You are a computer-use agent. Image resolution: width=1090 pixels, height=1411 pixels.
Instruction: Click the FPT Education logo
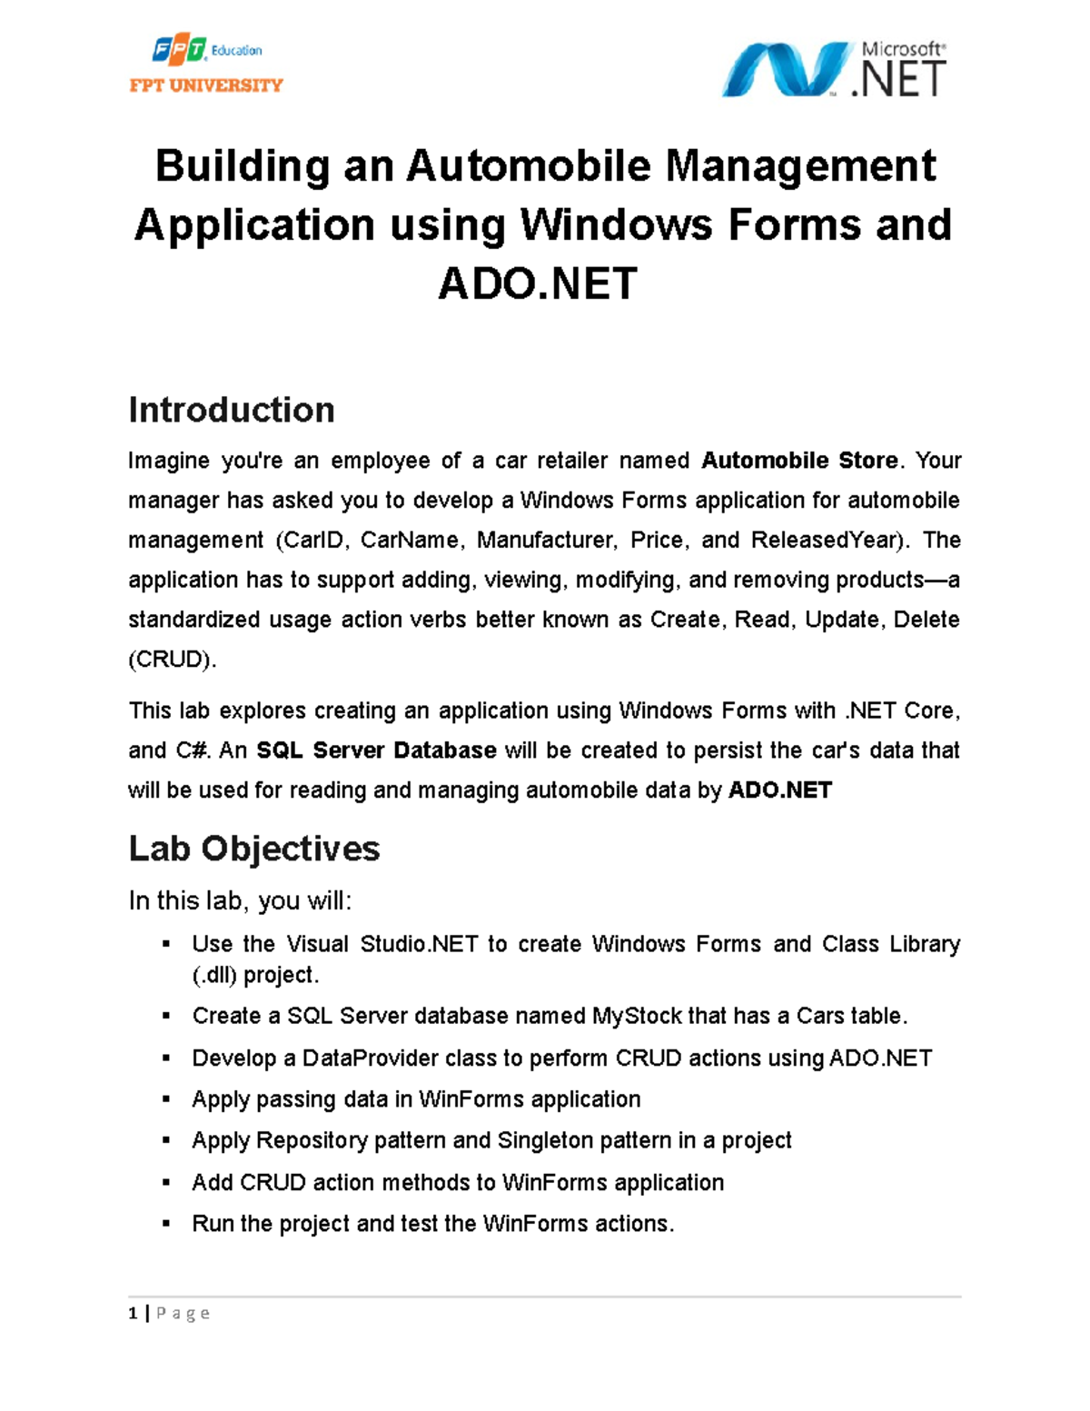(206, 51)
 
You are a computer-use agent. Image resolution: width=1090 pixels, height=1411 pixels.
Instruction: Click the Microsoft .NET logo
(833, 69)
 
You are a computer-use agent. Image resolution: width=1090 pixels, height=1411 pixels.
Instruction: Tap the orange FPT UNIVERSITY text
(206, 85)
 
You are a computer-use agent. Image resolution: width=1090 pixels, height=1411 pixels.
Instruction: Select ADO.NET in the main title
(538, 283)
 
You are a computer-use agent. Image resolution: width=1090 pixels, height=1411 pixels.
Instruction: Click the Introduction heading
(232, 410)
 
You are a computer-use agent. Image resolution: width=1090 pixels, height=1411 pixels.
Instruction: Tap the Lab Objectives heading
(254, 849)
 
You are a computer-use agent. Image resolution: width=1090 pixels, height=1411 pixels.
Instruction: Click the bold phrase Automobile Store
(799, 461)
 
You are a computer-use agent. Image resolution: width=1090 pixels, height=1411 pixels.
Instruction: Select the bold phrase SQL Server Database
(376, 750)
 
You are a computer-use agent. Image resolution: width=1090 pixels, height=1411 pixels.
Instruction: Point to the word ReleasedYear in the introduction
(827, 541)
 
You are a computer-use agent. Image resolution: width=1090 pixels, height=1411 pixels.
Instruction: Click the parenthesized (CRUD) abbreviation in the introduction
(172, 660)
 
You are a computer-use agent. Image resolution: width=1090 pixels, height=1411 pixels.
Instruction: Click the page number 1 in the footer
(134, 1314)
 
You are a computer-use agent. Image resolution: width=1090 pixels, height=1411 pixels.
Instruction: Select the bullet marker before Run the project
(165, 1224)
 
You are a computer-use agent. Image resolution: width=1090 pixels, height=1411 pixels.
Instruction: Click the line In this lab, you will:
(240, 901)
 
